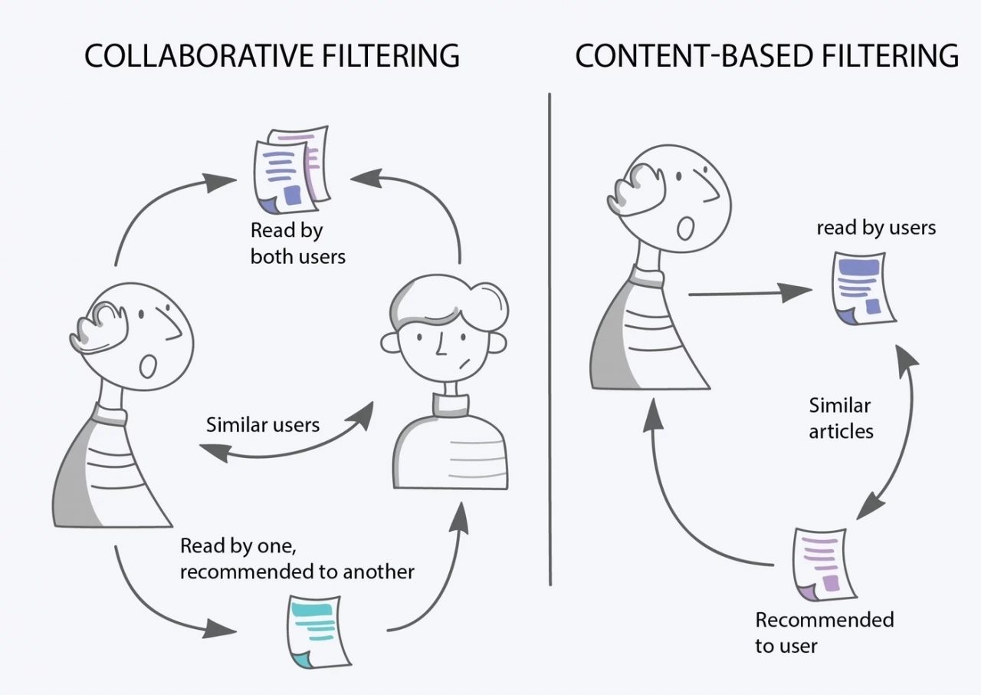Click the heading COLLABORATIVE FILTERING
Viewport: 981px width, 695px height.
coord(271,57)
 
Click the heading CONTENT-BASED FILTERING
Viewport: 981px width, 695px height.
coord(766,57)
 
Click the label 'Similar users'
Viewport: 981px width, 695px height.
coord(263,424)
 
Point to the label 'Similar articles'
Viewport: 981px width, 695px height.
coord(841,418)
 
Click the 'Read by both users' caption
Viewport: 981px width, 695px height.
coord(297,243)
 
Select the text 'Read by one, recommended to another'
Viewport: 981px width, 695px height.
coord(297,558)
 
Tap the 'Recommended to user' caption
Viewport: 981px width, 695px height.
coord(824,632)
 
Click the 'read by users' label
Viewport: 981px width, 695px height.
coord(876,228)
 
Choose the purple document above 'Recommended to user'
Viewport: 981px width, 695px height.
coord(822,564)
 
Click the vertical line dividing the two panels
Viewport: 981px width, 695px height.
coord(550,338)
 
